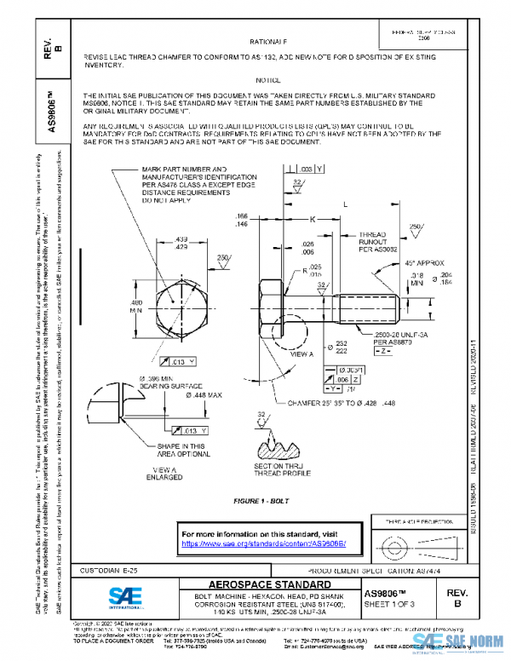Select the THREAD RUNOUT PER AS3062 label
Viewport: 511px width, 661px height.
[372, 241]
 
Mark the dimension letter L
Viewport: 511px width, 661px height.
[344, 205]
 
